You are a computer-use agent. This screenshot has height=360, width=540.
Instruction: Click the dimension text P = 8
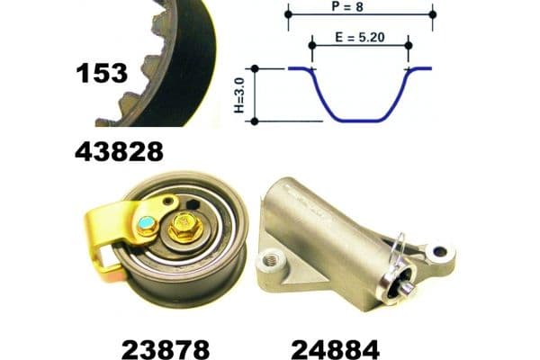click(x=360, y=7)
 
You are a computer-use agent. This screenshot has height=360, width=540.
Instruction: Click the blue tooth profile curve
click(x=360, y=118)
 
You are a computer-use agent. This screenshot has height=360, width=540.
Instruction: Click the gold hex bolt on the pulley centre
click(x=182, y=229)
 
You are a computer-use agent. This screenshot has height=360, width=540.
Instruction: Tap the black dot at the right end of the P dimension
click(x=433, y=13)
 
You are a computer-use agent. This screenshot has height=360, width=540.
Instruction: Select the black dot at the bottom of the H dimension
click(x=255, y=121)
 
